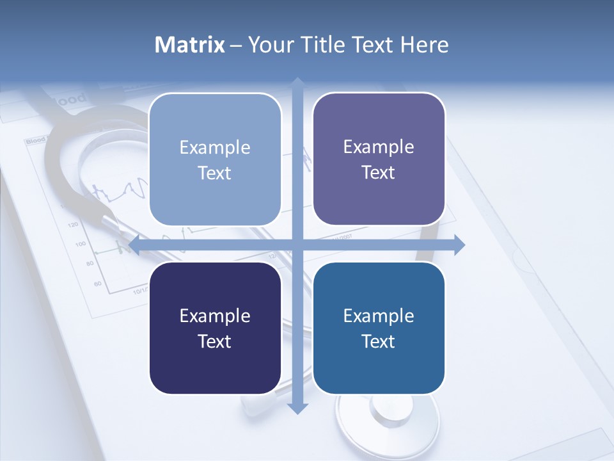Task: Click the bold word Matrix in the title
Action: coord(190,45)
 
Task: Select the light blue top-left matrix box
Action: coord(215,159)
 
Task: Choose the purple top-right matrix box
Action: coord(379,159)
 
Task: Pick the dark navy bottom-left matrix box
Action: coord(215,328)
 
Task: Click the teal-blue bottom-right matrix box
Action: coord(379,328)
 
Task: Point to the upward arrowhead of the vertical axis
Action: coord(297,82)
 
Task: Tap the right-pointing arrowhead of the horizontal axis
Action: coord(459,245)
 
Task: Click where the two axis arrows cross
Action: coord(297,245)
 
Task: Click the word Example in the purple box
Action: coord(379,147)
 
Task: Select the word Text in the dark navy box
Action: coord(215,341)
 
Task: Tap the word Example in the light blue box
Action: coord(215,147)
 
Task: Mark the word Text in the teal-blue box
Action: coord(379,341)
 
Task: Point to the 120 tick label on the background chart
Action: coord(72,225)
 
